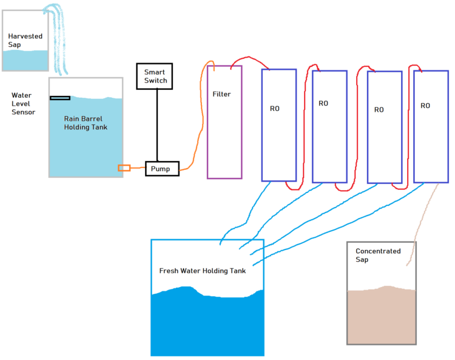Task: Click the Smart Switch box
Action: [x=155, y=76]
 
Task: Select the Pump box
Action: [x=162, y=168]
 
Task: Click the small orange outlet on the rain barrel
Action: [x=124, y=168]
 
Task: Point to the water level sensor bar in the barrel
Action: [x=60, y=98]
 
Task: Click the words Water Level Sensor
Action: [x=23, y=104]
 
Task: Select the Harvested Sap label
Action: [x=25, y=41]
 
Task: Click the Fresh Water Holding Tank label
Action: [x=202, y=271]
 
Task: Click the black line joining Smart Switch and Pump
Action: [x=157, y=124]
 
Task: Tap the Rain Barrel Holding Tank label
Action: [x=83, y=123]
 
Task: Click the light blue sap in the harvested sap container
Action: [x=25, y=60]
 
